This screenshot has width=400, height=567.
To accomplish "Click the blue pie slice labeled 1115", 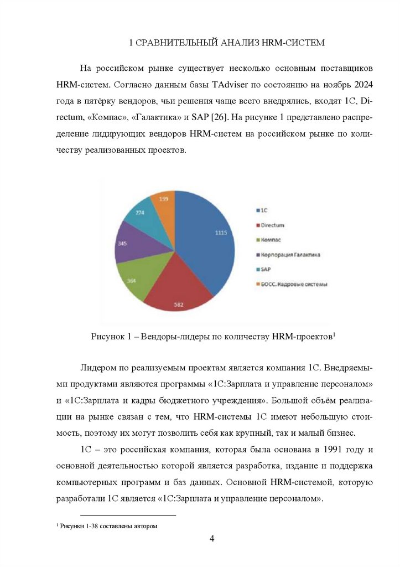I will (x=207, y=238).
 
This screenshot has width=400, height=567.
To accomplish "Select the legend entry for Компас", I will (x=271, y=240).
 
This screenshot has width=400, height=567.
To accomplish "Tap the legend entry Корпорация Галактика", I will (x=290, y=254).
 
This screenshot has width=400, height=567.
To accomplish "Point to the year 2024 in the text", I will (x=362, y=86).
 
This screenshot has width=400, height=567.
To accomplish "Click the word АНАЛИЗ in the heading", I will (x=236, y=43).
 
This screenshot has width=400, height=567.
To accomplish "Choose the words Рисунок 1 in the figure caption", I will (x=109, y=337).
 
